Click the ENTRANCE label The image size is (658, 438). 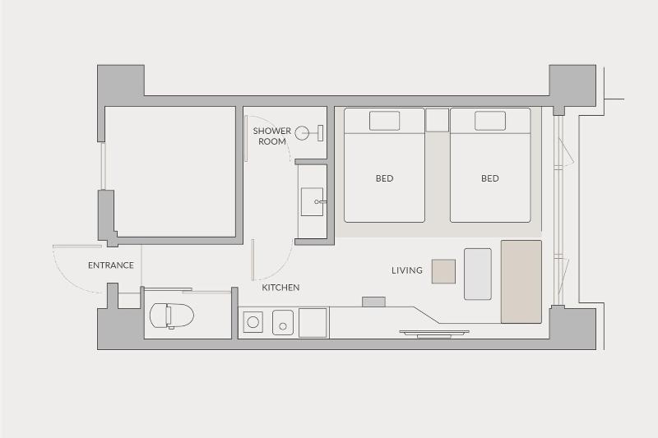click(x=111, y=265)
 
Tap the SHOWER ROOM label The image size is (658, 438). click(x=272, y=136)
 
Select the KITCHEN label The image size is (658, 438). click(x=280, y=288)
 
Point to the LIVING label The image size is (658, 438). click(x=407, y=270)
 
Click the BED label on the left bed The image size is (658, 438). click(x=384, y=178)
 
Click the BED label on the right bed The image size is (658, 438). click(x=489, y=178)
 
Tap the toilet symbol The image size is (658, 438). click(x=172, y=316)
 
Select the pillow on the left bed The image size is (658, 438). click(x=384, y=121)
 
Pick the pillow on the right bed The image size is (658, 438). click(x=490, y=121)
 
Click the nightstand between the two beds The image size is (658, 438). click(x=438, y=120)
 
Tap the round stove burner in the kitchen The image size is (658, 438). click(x=253, y=322)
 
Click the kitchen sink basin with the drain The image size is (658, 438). click(x=283, y=323)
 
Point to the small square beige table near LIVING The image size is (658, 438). click(x=443, y=272)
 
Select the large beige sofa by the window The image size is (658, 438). click(x=521, y=282)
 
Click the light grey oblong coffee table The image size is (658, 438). click(x=478, y=274)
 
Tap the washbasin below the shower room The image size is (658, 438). click(x=313, y=202)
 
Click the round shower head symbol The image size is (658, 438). click(x=302, y=133)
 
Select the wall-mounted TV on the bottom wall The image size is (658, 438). click(x=434, y=334)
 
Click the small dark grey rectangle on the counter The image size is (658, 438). click(x=374, y=302)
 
